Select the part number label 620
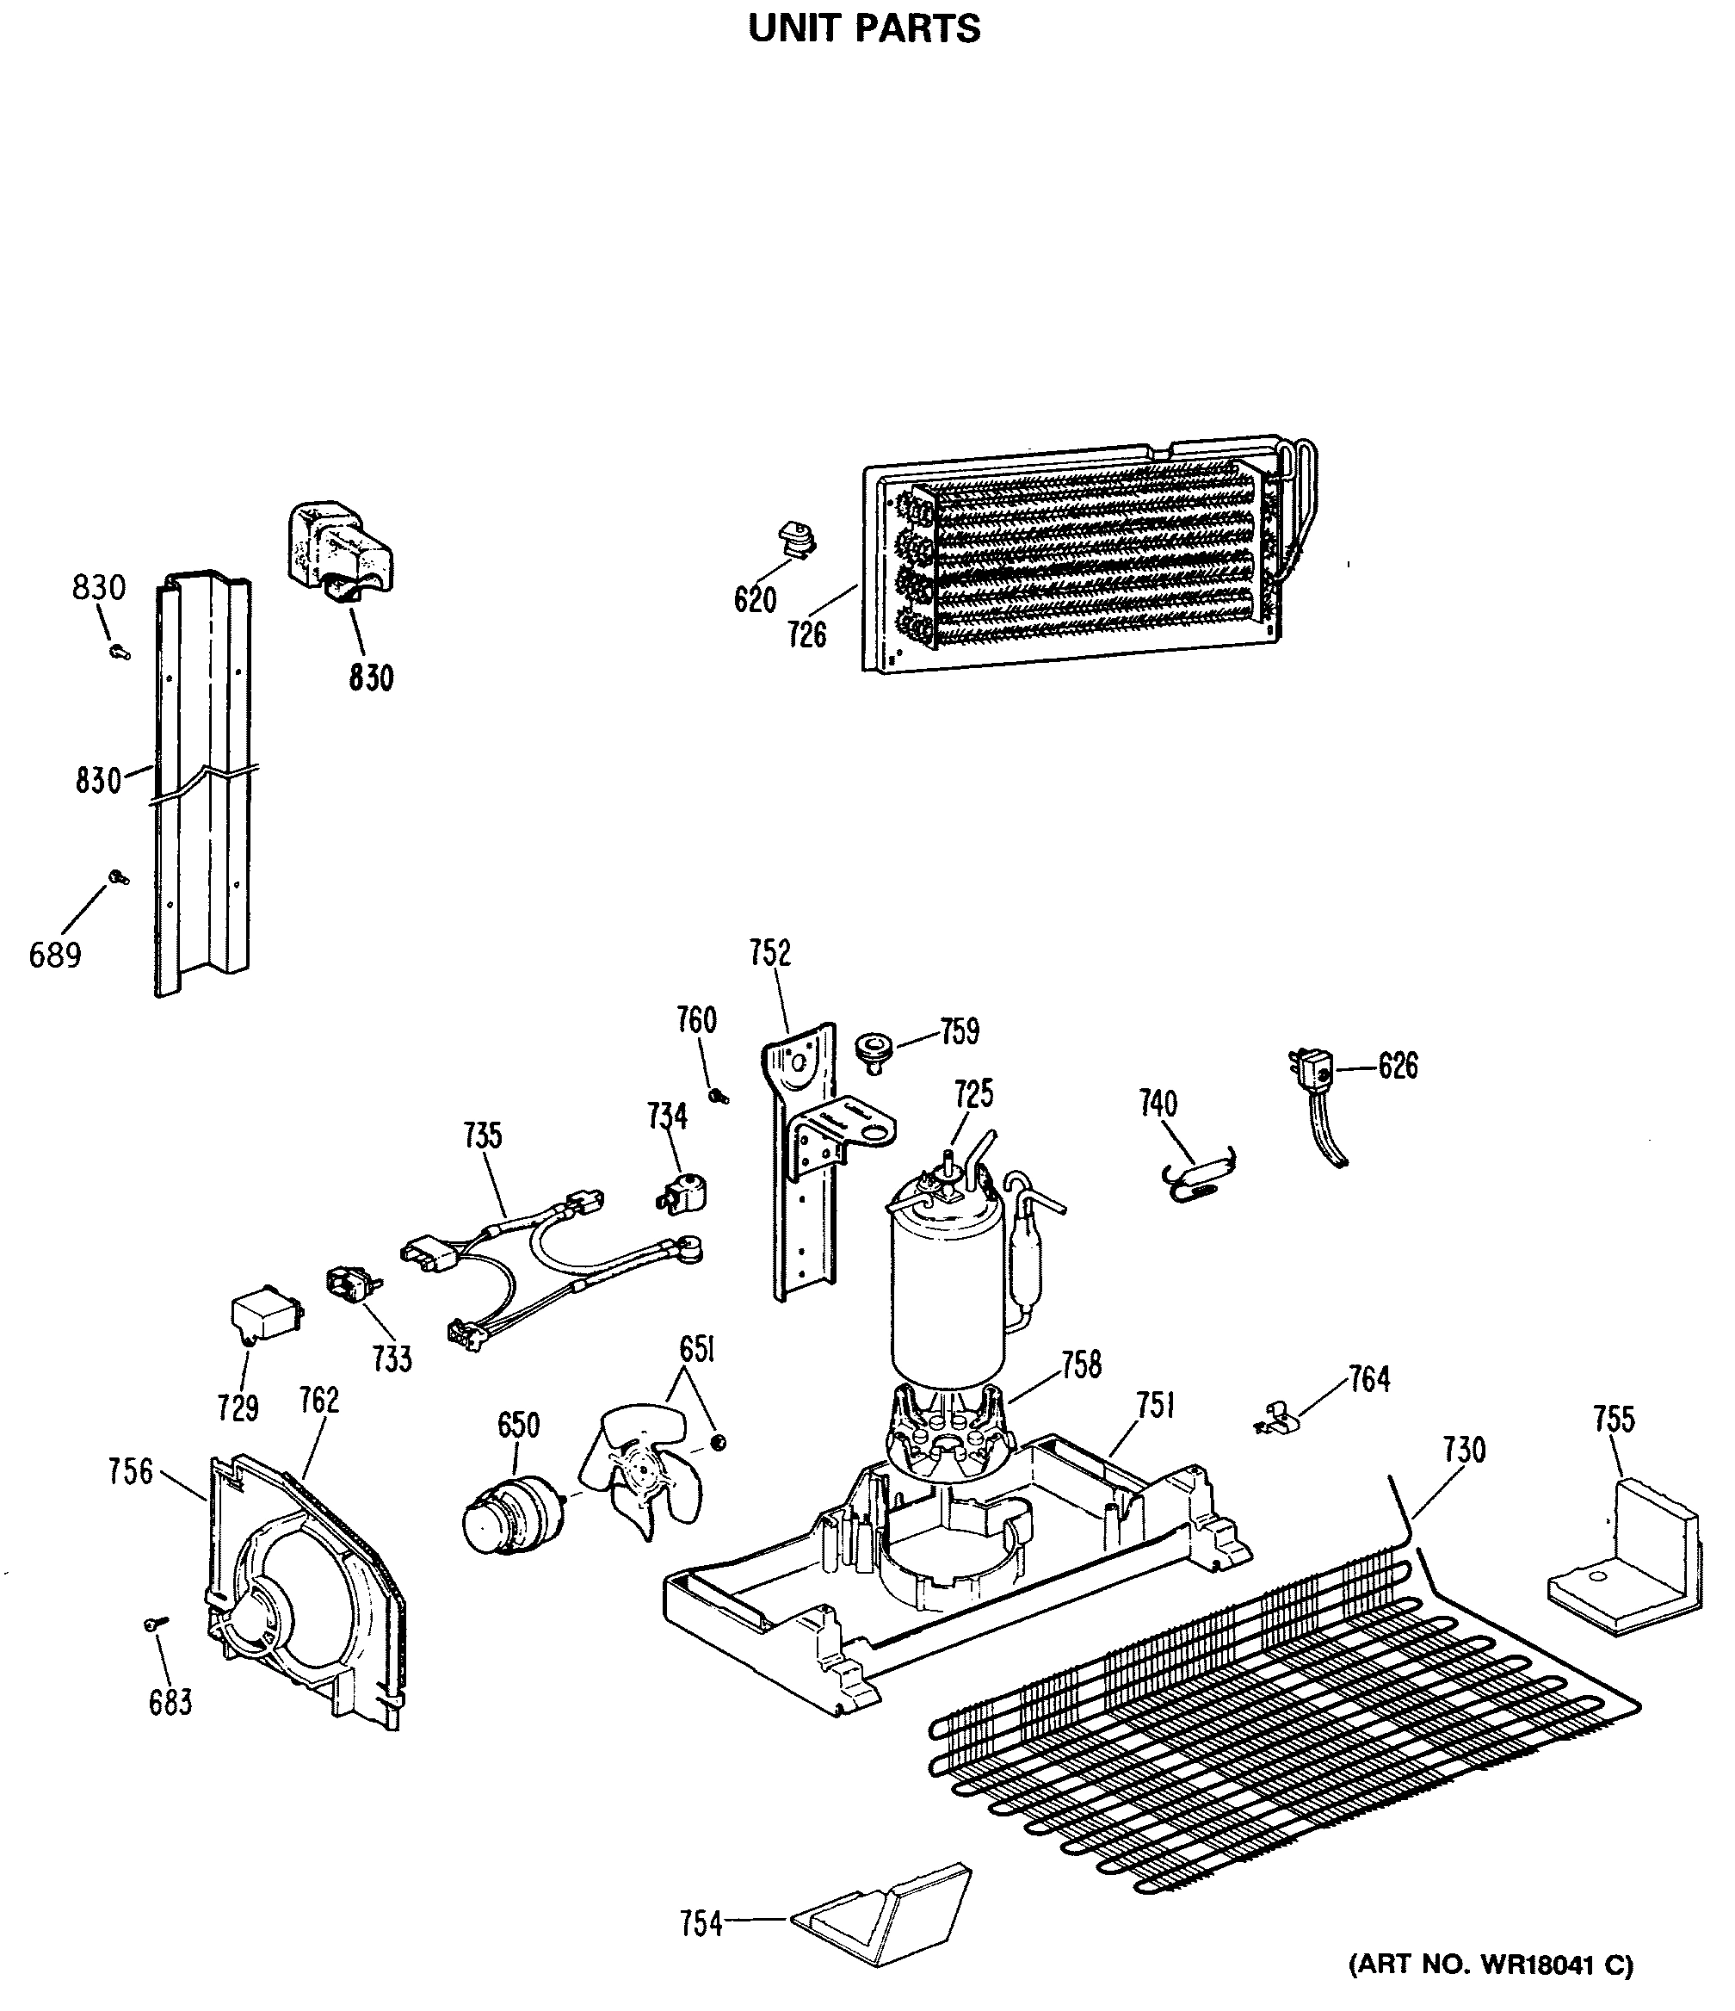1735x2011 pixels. [x=755, y=600]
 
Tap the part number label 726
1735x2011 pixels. [x=806, y=634]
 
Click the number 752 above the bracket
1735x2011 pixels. [x=769, y=953]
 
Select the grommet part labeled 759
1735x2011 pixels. [x=872, y=1052]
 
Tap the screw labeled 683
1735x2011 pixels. [x=154, y=1624]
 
